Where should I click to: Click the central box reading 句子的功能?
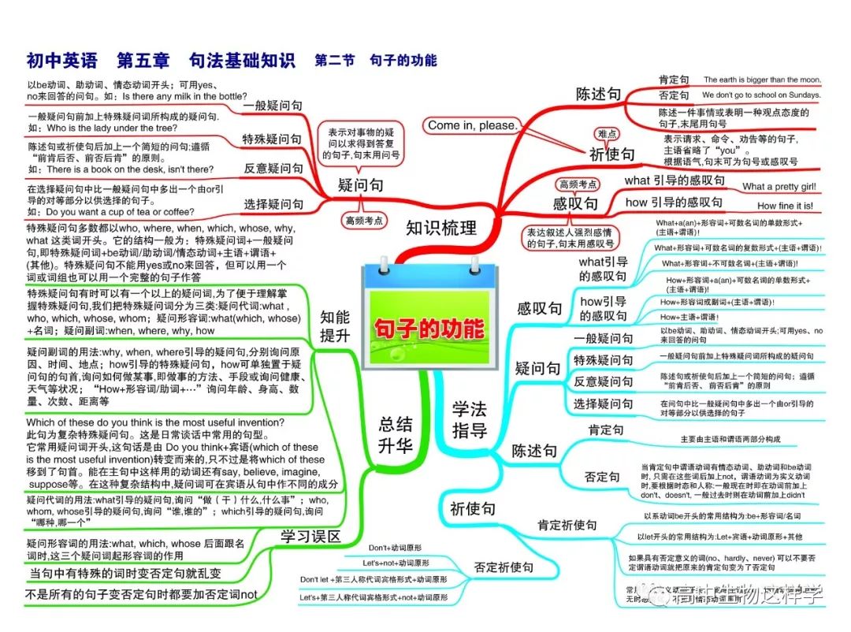click(429, 328)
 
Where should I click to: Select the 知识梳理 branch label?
click(441, 229)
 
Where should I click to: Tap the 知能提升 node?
click(335, 326)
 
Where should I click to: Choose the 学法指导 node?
click(470, 419)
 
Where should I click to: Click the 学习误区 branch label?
click(310, 537)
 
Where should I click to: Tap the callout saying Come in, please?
click(472, 125)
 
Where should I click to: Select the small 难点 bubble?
click(608, 134)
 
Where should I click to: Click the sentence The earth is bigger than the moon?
click(762, 80)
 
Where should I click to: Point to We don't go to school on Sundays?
click(761, 95)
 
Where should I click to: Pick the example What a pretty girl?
click(779, 187)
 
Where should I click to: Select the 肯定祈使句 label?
click(567, 525)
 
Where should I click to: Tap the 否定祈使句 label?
click(504, 567)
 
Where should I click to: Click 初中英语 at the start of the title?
click(61, 60)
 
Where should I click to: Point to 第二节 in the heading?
click(335, 60)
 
